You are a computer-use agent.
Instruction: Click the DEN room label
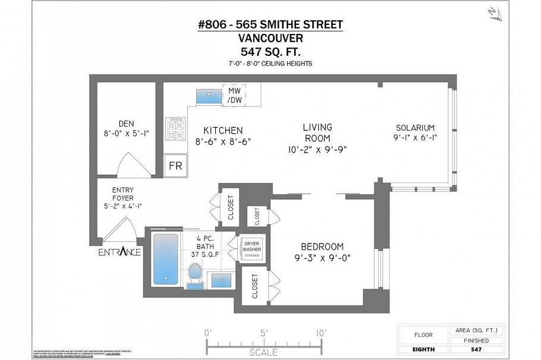125,124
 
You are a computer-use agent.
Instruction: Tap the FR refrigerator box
175,166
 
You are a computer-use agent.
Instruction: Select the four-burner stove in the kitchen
176,127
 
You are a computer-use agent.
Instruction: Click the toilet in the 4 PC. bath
195,275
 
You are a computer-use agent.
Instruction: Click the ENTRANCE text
119,252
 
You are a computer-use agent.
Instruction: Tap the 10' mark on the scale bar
321,333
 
